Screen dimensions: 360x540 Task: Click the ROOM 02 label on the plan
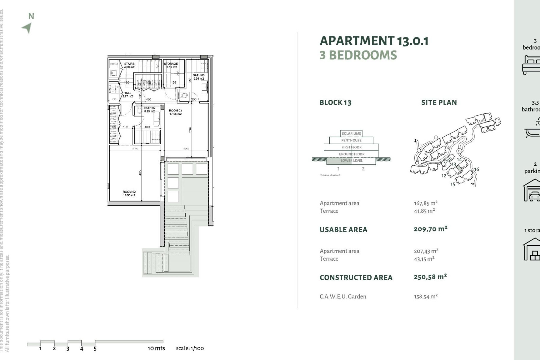point(129,193)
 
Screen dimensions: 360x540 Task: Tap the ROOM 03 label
point(175,112)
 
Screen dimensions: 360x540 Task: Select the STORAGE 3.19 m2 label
point(171,65)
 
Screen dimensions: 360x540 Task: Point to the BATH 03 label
point(199,77)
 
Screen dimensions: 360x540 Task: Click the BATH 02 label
point(149,109)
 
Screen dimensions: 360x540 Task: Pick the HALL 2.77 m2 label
point(127,94)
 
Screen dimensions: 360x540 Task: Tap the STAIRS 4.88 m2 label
point(129,65)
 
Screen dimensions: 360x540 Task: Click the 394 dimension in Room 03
point(190,130)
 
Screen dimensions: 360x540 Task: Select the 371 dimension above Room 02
point(135,149)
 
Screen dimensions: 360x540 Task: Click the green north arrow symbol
point(27,28)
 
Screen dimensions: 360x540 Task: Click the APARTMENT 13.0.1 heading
point(374,41)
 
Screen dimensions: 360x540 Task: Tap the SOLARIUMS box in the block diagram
point(351,134)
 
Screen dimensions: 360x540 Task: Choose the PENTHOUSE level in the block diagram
point(351,140)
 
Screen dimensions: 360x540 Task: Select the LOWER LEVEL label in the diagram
point(352,161)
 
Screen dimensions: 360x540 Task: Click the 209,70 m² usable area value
point(430,229)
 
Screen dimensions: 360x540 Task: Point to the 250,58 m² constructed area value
point(430,277)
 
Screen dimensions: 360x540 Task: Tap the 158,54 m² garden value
point(426,296)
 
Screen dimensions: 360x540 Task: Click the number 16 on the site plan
point(476,169)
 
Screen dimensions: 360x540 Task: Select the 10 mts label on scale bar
point(156,348)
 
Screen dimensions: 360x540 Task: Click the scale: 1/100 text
point(190,348)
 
